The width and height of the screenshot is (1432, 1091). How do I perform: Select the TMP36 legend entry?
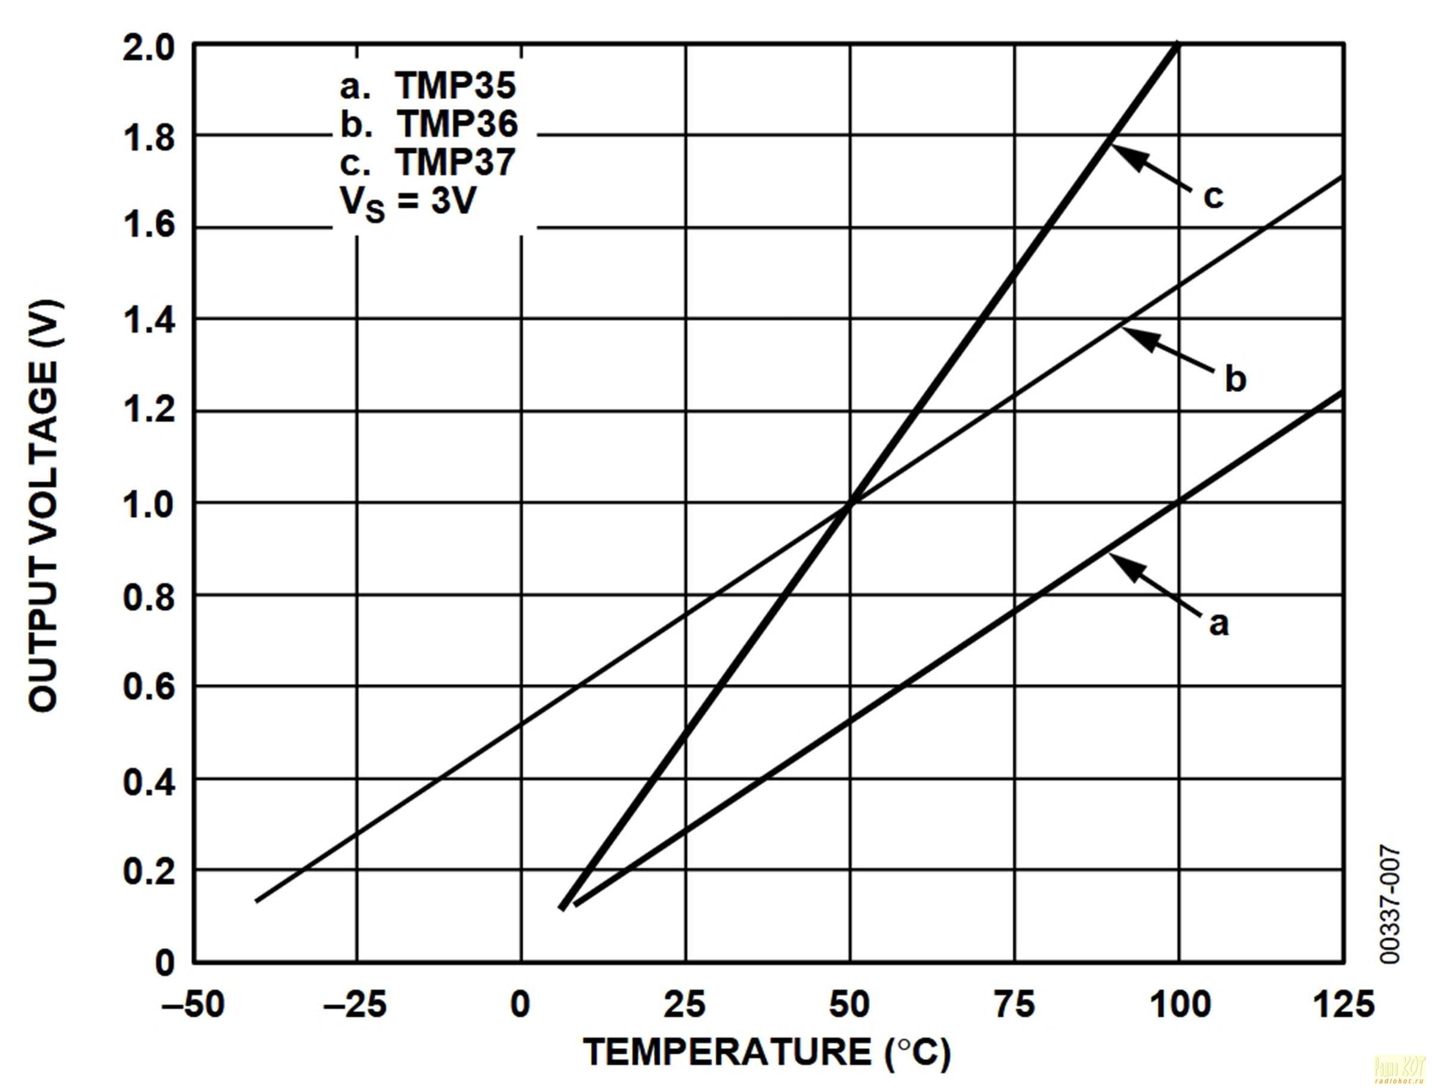(429, 123)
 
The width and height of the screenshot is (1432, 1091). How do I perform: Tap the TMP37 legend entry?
(427, 162)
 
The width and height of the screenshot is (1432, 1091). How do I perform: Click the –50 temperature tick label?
(193, 1005)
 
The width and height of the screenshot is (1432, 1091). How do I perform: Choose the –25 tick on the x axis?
(356, 1005)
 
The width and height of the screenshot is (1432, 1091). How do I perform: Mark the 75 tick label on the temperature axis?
(1014, 1005)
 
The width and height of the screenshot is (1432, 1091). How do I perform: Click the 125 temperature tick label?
(1343, 1005)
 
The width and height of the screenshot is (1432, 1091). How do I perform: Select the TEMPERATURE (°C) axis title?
(767, 1053)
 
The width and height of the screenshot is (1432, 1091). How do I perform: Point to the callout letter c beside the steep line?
(1212, 196)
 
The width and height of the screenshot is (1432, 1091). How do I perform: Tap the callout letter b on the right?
(1235, 379)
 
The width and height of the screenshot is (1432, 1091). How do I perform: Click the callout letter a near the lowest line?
(1219, 623)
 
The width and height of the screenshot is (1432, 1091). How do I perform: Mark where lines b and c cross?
(850, 502)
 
